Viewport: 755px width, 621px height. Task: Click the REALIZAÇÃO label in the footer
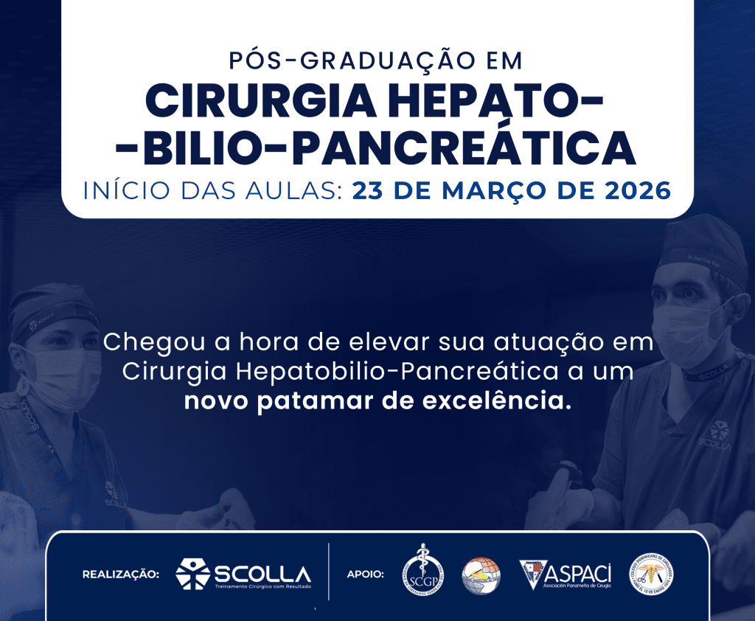click(120, 573)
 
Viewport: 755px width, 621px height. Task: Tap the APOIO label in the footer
click(365, 573)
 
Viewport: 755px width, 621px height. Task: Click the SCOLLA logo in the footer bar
click(243, 574)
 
